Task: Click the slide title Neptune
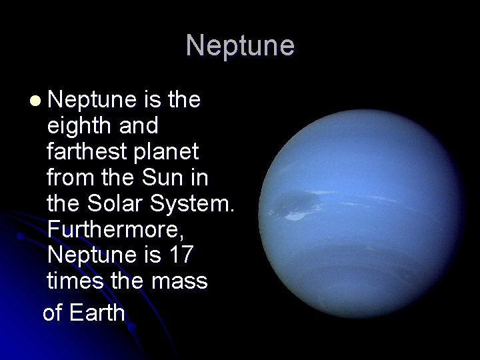pyautogui.click(x=240, y=45)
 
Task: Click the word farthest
pyautogui.click(x=88, y=152)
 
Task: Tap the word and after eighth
pyautogui.click(x=137, y=126)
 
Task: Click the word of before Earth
pyautogui.click(x=53, y=312)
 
